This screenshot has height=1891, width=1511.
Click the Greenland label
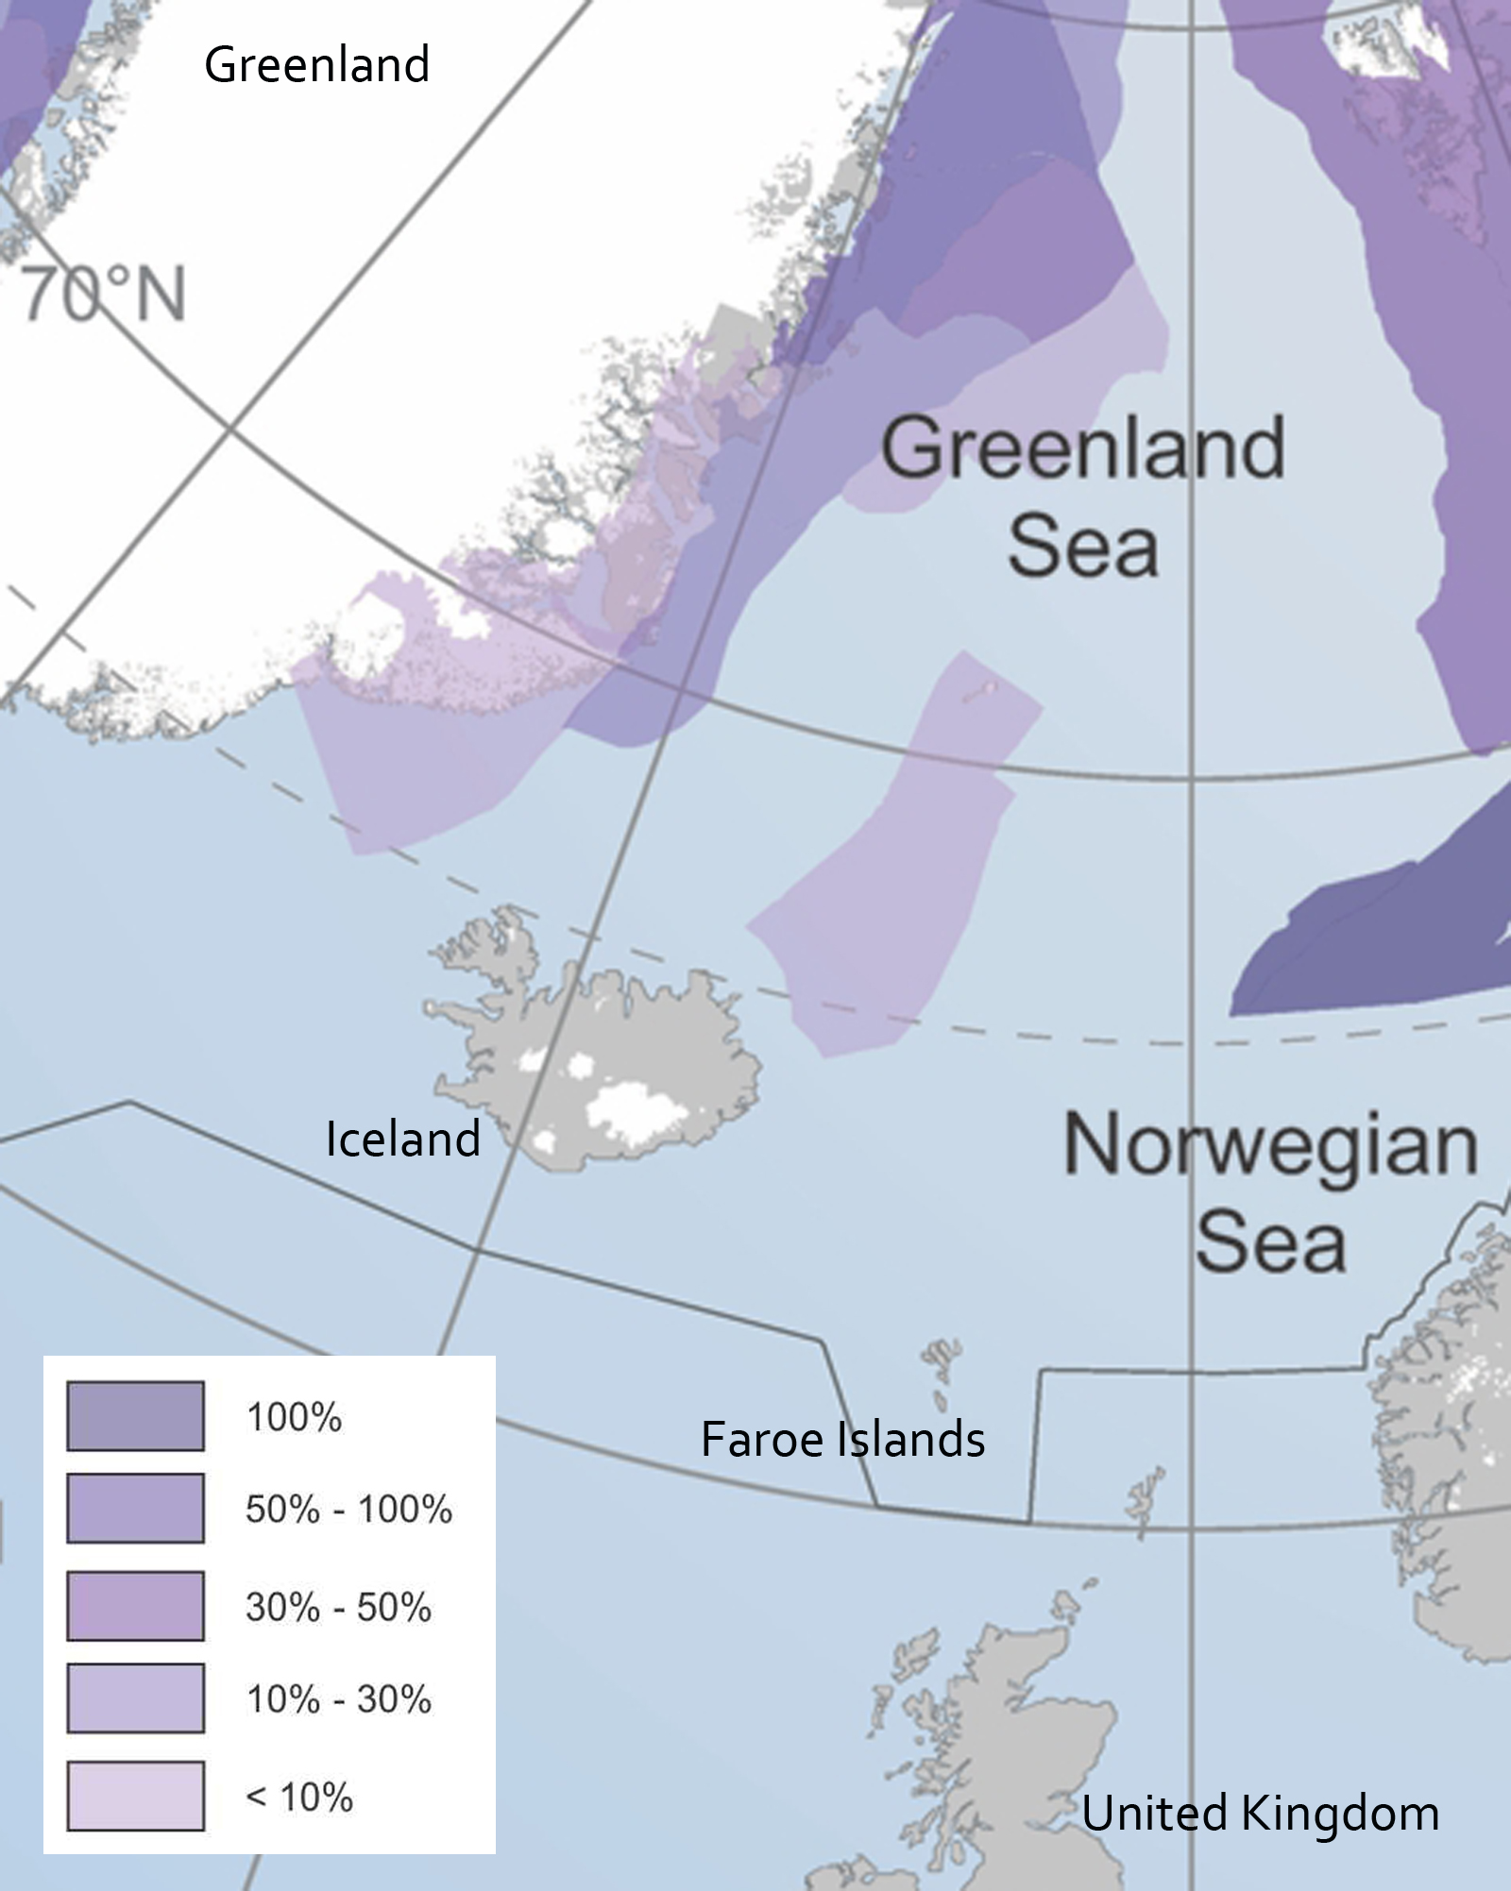coord(317,64)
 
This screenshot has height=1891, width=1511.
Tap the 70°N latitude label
coord(104,295)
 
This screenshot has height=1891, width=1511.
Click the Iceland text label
coord(403,1140)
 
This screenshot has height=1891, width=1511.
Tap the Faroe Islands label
coord(842,1440)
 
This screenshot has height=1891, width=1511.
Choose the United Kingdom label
coord(1260,1814)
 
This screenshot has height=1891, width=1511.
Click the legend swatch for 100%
coord(135,1416)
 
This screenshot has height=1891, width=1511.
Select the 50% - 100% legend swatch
coord(135,1508)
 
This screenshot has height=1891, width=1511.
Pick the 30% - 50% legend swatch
coord(135,1606)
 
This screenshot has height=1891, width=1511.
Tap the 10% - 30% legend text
coord(338,1699)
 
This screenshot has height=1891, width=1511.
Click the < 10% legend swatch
coord(135,1796)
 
